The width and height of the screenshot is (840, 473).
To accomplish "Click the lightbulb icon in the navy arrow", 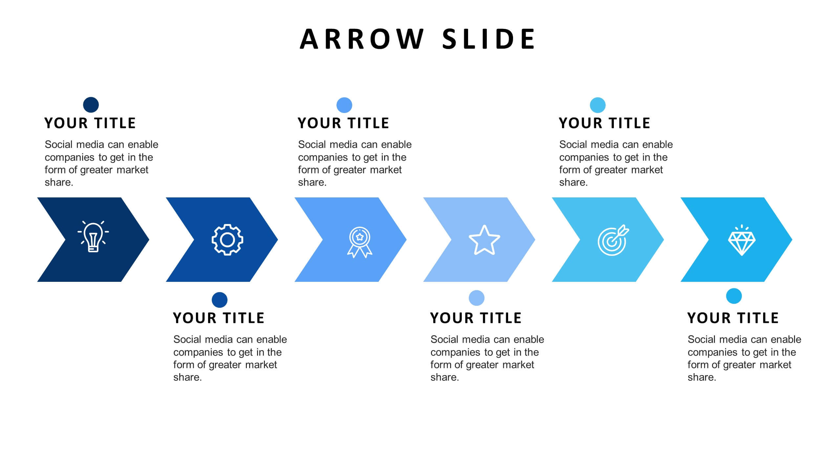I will [x=93, y=237].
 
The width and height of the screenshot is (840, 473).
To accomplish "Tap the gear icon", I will [x=227, y=240].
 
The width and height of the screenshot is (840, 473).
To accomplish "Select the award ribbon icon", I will [x=359, y=242].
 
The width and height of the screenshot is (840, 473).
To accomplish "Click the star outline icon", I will [x=484, y=240].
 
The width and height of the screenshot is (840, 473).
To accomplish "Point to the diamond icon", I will [x=742, y=241].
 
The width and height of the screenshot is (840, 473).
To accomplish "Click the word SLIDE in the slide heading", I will [x=489, y=39].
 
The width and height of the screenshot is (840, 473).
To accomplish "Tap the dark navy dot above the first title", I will [x=91, y=105].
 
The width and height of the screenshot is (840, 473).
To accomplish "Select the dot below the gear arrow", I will [x=220, y=300].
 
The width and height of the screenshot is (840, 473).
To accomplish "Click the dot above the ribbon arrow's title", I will [x=344, y=105].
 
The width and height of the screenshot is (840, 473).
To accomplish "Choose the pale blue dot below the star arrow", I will [x=477, y=298].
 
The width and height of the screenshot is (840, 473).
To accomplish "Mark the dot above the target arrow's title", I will [x=598, y=105].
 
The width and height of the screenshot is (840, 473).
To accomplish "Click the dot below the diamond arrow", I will [x=734, y=296].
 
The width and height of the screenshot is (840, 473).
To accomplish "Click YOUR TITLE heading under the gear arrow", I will [x=219, y=318].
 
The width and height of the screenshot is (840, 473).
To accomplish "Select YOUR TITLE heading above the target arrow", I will [x=604, y=123].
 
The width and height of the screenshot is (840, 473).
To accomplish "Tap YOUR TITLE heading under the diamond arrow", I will [x=733, y=318].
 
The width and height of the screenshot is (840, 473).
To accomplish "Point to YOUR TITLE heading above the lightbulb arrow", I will [x=90, y=123].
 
